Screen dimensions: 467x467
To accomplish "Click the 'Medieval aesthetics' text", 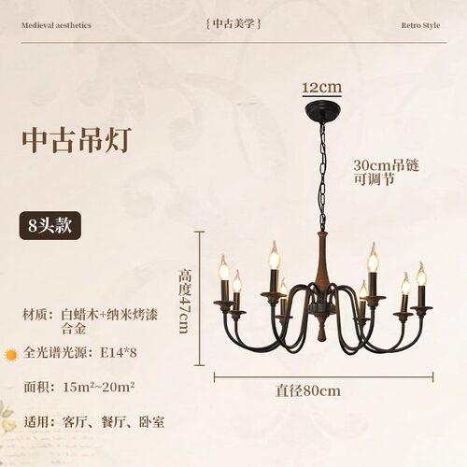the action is click(x=56, y=25).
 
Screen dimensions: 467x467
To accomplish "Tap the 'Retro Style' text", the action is click(x=420, y=25).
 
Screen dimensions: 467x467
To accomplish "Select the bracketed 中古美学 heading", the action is click(x=233, y=23).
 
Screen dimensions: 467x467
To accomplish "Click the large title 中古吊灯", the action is click(x=77, y=140).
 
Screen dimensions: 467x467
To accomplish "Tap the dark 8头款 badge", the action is click(x=50, y=225).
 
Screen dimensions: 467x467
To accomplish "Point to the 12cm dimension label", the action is click(x=322, y=87).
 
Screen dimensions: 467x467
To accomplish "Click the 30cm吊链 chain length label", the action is click(x=386, y=165).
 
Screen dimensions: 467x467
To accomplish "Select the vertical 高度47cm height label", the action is click(x=184, y=301).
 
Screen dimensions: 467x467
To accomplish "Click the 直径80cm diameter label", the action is click(x=308, y=391).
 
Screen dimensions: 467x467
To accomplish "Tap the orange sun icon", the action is click(x=11, y=355).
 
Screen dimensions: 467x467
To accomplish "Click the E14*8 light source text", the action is click(x=119, y=353).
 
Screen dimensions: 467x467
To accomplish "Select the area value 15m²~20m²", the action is click(x=99, y=388).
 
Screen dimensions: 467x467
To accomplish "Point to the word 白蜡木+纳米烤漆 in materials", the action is click(x=109, y=315).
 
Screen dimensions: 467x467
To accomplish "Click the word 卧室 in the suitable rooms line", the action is click(x=151, y=422).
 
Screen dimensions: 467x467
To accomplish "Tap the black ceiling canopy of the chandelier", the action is click(x=322, y=111).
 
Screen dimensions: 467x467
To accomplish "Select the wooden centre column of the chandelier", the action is click(x=322, y=259).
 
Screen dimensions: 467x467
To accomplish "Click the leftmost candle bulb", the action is click(x=224, y=267).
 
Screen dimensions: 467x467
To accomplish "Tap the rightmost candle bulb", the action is click(x=421, y=274).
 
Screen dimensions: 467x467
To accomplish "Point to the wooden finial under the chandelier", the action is click(x=321, y=328).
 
